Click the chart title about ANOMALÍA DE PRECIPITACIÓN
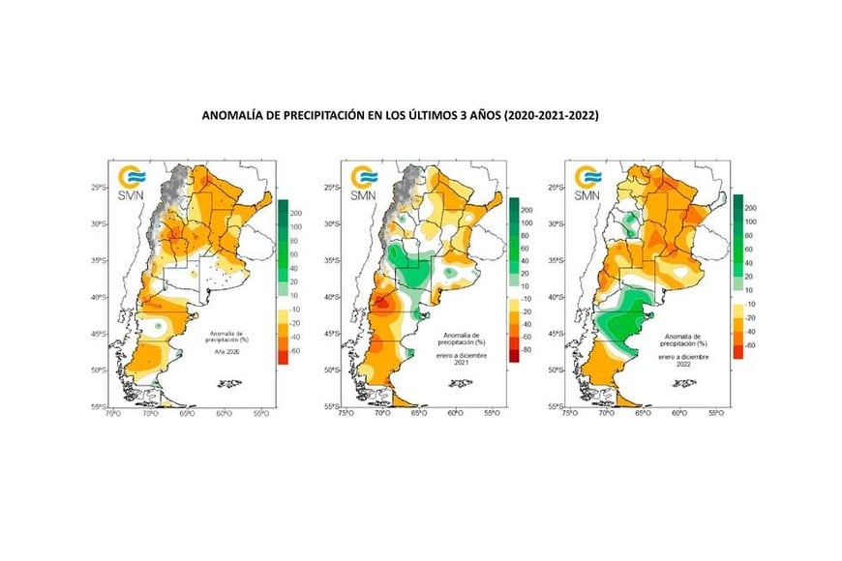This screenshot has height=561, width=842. (x=400, y=114)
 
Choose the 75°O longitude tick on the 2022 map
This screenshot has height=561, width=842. (x=569, y=414)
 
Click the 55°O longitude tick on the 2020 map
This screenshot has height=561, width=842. (x=261, y=414)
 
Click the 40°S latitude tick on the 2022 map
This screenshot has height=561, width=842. (x=558, y=297)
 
